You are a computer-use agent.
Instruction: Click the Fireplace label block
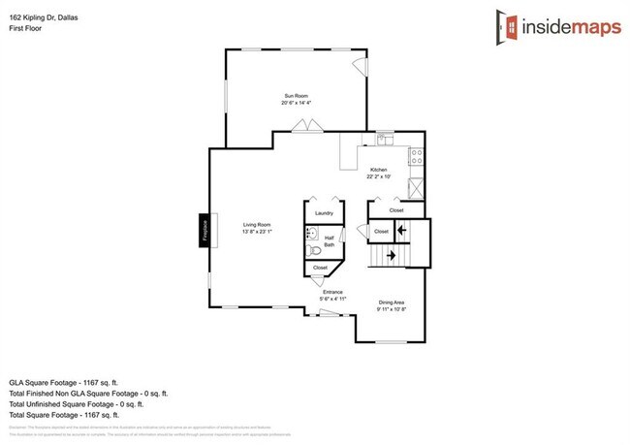tap(205, 231)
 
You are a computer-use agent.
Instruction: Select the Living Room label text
tap(257, 225)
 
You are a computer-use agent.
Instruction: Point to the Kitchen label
tap(378, 170)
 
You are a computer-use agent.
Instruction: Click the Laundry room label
tap(324, 212)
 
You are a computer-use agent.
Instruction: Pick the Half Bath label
tap(330, 242)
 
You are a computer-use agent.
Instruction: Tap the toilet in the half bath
tap(312, 250)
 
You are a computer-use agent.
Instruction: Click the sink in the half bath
tap(312, 233)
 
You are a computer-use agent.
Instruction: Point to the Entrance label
tap(334, 292)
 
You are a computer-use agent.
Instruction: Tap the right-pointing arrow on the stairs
tap(391, 255)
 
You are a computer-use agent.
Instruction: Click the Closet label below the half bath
tap(321, 268)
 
